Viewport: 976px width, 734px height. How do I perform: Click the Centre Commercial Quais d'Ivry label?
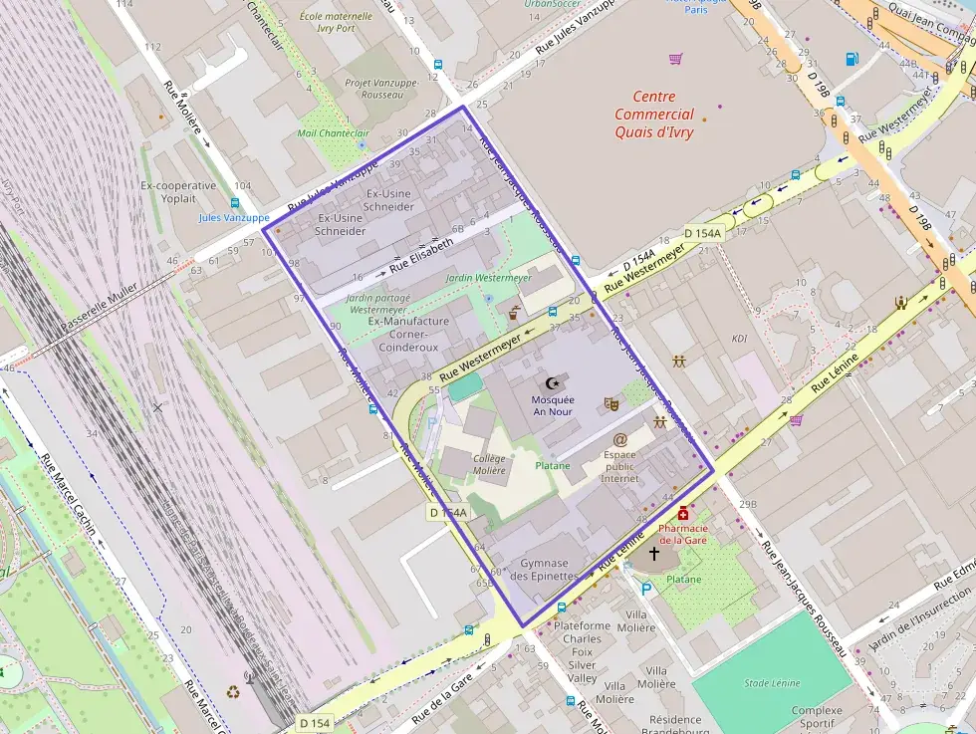[653, 115]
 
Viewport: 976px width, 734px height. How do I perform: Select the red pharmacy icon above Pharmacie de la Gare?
[682, 513]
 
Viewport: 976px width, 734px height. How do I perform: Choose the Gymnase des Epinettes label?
[544, 569]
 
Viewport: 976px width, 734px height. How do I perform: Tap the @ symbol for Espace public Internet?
[619, 439]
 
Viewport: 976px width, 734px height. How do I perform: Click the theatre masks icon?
[611, 404]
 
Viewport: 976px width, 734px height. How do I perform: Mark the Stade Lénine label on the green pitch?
[773, 683]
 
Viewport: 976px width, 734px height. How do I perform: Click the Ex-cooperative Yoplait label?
[178, 192]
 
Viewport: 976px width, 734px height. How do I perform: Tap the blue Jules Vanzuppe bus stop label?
[234, 217]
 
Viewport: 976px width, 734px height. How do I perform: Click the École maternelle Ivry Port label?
[335, 23]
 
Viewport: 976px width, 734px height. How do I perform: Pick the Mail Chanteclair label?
[333, 133]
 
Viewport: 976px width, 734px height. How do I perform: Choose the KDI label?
[740, 339]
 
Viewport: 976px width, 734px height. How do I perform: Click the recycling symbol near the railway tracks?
[233, 691]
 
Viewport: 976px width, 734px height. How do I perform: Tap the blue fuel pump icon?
[852, 59]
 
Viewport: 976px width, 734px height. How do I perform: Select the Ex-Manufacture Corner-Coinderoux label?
[408, 335]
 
